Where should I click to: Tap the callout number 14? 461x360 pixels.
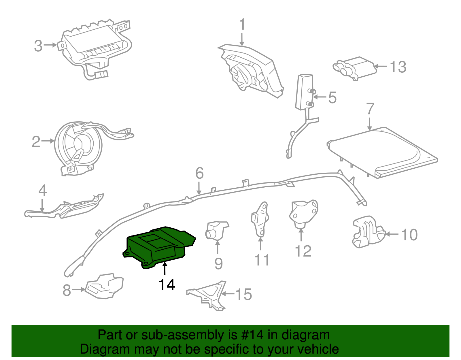[167, 285]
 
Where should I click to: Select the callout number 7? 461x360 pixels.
[370, 109]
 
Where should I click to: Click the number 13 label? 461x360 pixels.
[398, 67]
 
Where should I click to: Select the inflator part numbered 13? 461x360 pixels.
[354, 68]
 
